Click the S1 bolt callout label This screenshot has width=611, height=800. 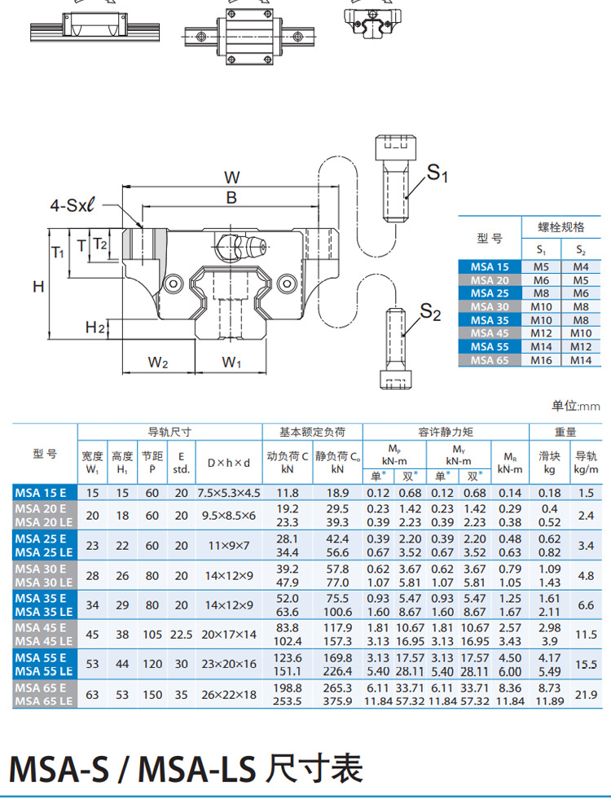pos(438,173)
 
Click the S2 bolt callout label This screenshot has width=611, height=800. pos(430,312)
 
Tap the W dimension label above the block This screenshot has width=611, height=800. pos(232,177)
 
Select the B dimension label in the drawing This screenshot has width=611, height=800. pos(231,197)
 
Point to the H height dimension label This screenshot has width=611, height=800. pos(38,286)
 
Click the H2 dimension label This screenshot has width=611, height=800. pos(95,327)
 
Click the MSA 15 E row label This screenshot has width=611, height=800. pos(45,493)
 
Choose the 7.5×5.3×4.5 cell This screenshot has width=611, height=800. pos(228,493)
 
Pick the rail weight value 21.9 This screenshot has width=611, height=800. pos(587,694)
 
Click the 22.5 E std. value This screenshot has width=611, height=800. pos(181,634)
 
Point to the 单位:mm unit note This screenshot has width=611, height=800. pos(575,406)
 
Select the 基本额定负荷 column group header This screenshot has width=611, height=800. pos(312,432)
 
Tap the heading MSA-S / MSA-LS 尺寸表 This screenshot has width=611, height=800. pos(185,768)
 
